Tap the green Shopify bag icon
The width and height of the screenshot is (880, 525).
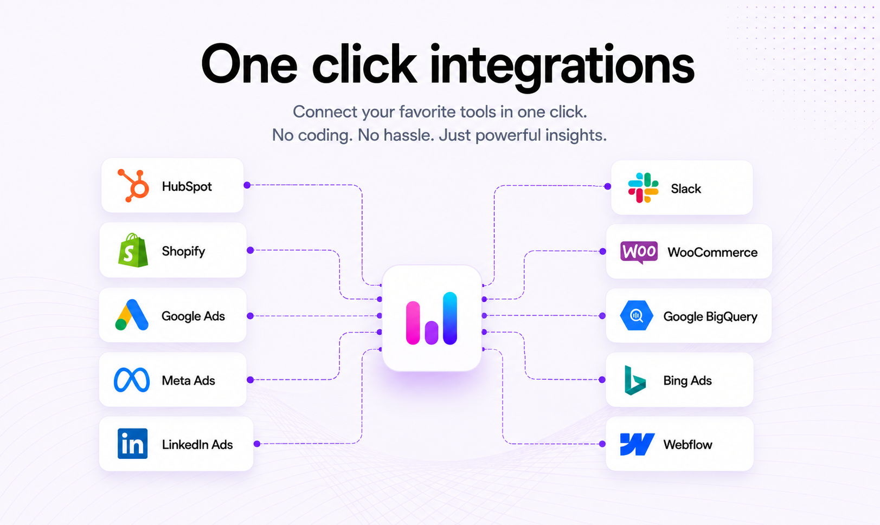click(133, 250)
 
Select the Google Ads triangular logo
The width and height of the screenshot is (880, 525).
click(132, 315)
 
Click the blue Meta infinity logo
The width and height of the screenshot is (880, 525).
click(132, 380)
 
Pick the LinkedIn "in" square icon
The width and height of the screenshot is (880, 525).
click(132, 444)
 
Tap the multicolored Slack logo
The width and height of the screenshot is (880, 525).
click(643, 187)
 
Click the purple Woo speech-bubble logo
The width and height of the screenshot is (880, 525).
click(639, 252)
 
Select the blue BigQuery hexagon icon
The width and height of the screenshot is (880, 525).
click(637, 315)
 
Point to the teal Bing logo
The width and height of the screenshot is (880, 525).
click(635, 380)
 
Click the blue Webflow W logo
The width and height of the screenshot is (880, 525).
click(637, 444)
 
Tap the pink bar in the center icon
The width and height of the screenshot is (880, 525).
click(413, 323)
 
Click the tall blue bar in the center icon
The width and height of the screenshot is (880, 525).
click(450, 318)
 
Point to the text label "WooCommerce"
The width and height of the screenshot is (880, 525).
click(712, 252)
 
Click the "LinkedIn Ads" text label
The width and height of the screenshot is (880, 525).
click(197, 444)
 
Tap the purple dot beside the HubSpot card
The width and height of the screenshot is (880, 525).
click(247, 185)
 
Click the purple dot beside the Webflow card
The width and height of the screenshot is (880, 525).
click(602, 444)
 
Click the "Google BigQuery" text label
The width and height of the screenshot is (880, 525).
click(710, 317)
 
